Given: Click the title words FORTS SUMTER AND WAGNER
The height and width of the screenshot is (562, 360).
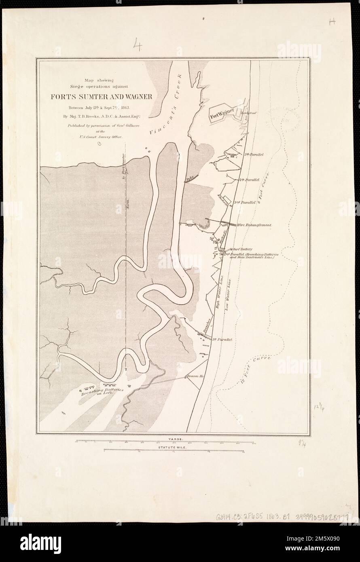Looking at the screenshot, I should click(101, 97).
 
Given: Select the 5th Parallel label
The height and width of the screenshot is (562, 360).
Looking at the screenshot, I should click(254, 154).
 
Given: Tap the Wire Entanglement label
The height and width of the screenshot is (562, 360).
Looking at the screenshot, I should click(254, 225).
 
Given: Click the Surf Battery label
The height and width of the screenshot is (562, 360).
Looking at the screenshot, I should click(242, 250).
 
